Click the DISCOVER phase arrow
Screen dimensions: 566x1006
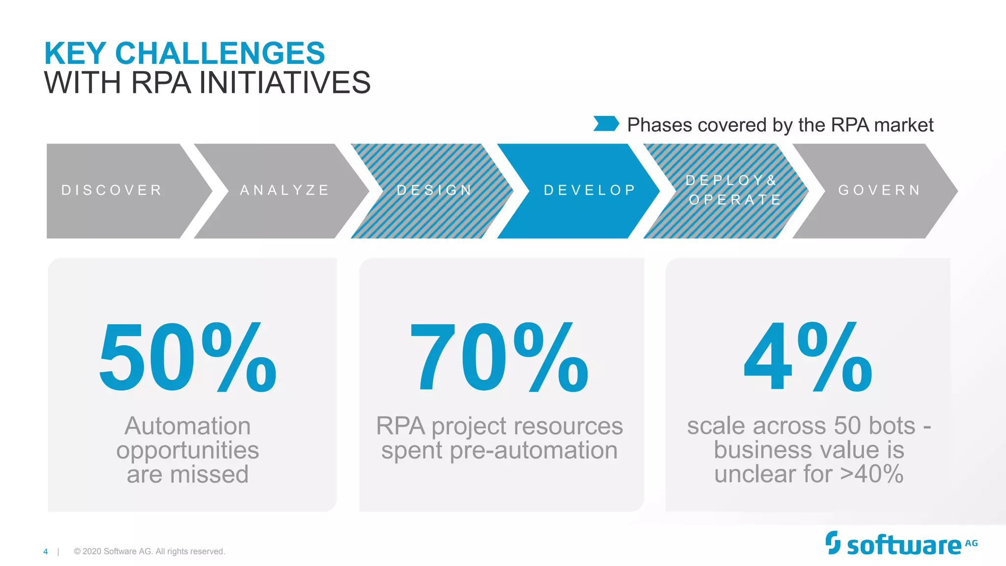(118, 191)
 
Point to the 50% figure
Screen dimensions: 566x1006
(187, 357)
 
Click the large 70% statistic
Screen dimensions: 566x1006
(499, 357)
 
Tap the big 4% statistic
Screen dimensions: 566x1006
(808, 357)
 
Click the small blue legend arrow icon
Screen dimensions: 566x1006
(606, 124)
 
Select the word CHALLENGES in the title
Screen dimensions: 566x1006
(220, 53)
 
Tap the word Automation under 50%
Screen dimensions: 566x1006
(187, 425)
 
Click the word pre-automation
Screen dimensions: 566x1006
(533, 451)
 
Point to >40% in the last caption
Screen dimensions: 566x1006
(871, 474)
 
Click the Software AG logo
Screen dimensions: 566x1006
(901, 544)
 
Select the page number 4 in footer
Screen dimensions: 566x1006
(46, 552)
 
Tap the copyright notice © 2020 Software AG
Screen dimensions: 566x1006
(149, 552)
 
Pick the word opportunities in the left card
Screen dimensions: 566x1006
(187, 451)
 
